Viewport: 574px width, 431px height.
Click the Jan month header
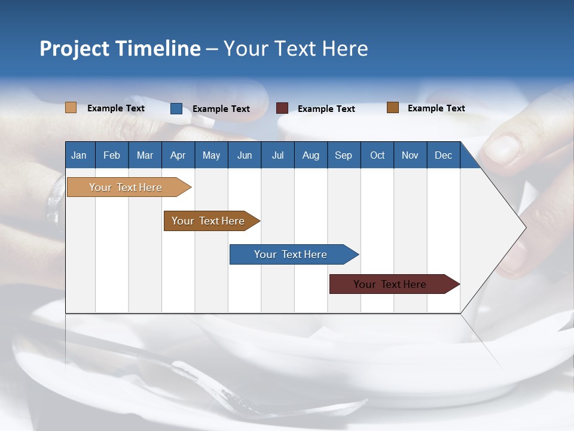[80, 155]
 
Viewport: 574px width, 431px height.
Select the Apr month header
[178, 155]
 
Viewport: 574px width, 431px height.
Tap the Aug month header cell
[311, 155]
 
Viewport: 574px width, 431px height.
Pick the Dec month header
[444, 155]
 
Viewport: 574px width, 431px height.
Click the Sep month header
[344, 155]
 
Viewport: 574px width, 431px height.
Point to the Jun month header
[245, 155]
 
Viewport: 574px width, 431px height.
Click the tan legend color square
[71, 108]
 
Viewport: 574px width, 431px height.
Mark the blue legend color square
[176, 108]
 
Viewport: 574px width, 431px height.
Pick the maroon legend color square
[282, 108]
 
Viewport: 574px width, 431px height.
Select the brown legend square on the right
[393, 108]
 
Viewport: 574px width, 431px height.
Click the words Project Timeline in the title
[120, 48]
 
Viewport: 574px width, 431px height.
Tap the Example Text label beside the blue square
[221, 109]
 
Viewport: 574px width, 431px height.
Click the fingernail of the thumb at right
[502, 150]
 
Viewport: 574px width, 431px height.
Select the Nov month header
[410, 155]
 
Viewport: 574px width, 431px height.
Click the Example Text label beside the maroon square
[326, 109]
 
